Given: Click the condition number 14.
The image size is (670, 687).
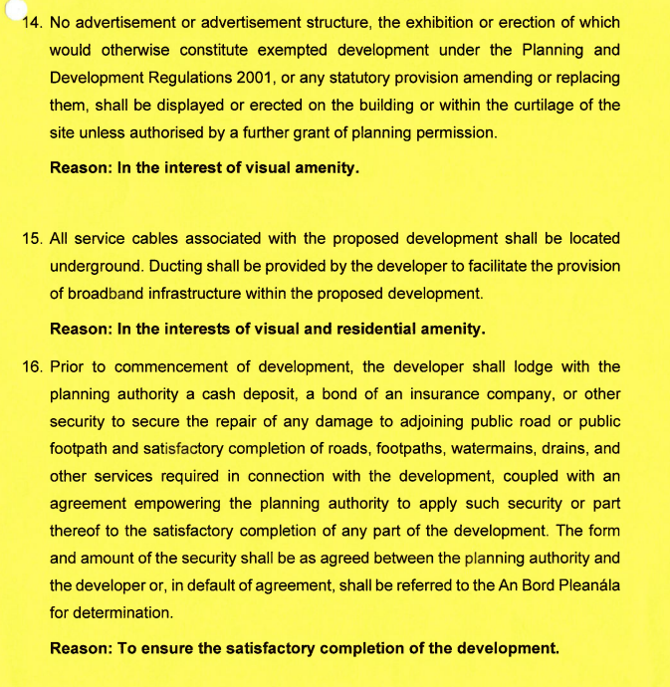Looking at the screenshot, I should coord(32,22).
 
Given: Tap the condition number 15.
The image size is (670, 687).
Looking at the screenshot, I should coord(31,238).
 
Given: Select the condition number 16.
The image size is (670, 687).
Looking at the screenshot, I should coord(31,366).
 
